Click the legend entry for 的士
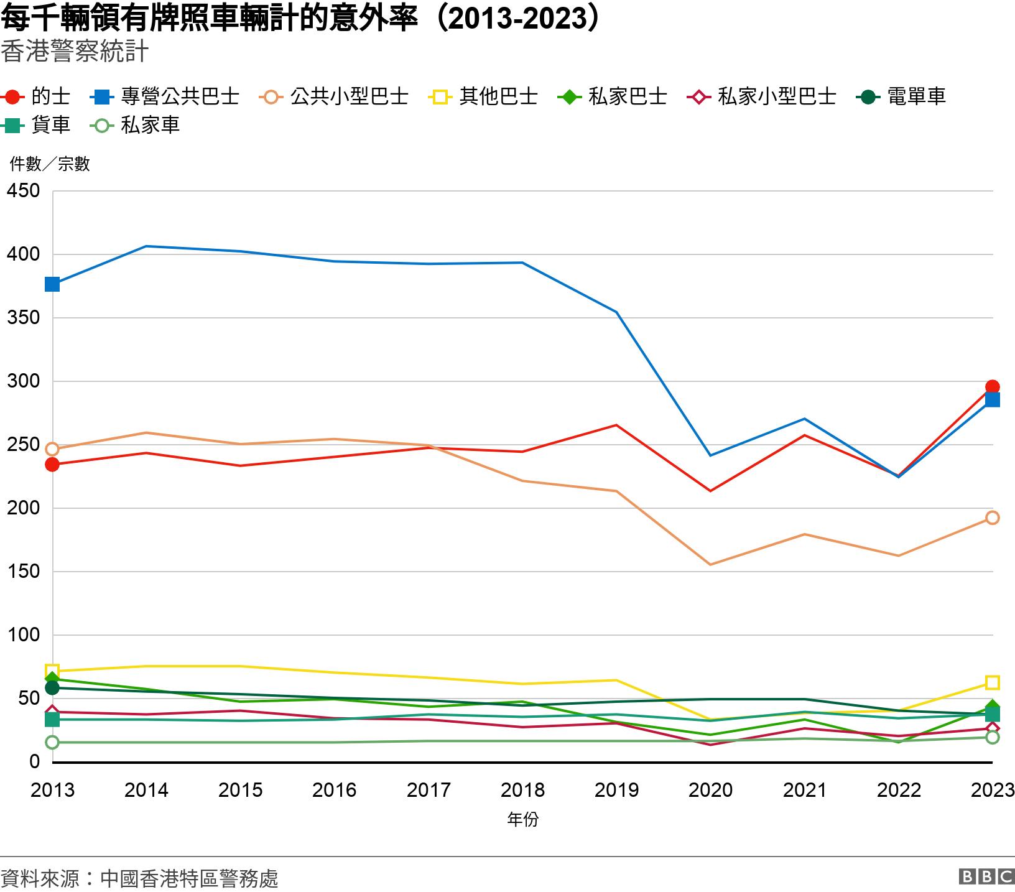click(37, 96)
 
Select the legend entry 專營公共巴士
click(165, 96)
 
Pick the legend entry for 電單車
click(902, 96)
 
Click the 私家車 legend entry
click(136, 125)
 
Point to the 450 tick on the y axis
click(23, 191)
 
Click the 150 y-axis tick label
click(23, 572)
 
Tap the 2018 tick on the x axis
click(522, 790)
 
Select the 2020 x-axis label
click(710, 790)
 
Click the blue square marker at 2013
click(52, 284)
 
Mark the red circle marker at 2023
click(993, 388)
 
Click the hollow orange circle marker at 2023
click(993, 518)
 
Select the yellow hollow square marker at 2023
click(993, 682)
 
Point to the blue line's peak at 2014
click(146, 246)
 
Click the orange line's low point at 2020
click(710, 565)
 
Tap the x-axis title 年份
click(522, 819)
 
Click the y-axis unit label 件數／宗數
click(50, 164)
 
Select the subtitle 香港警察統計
click(75, 52)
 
